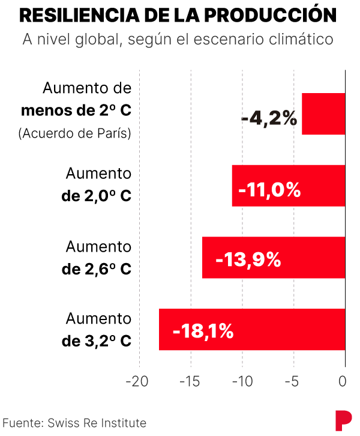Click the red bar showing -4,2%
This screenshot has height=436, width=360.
click(x=323, y=114)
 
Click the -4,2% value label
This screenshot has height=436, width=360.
click(x=269, y=118)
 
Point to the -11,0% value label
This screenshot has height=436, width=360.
click(x=269, y=190)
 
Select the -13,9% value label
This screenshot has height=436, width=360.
click(x=248, y=260)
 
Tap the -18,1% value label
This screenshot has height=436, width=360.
click(x=202, y=331)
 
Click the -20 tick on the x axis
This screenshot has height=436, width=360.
click(x=139, y=381)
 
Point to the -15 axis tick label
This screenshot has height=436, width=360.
click(x=190, y=381)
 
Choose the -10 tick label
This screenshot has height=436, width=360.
click(x=242, y=381)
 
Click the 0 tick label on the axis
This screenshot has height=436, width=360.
click(x=343, y=381)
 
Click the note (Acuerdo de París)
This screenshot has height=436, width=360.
click(x=75, y=133)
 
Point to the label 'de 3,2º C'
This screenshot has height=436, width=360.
click(x=96, y=341)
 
